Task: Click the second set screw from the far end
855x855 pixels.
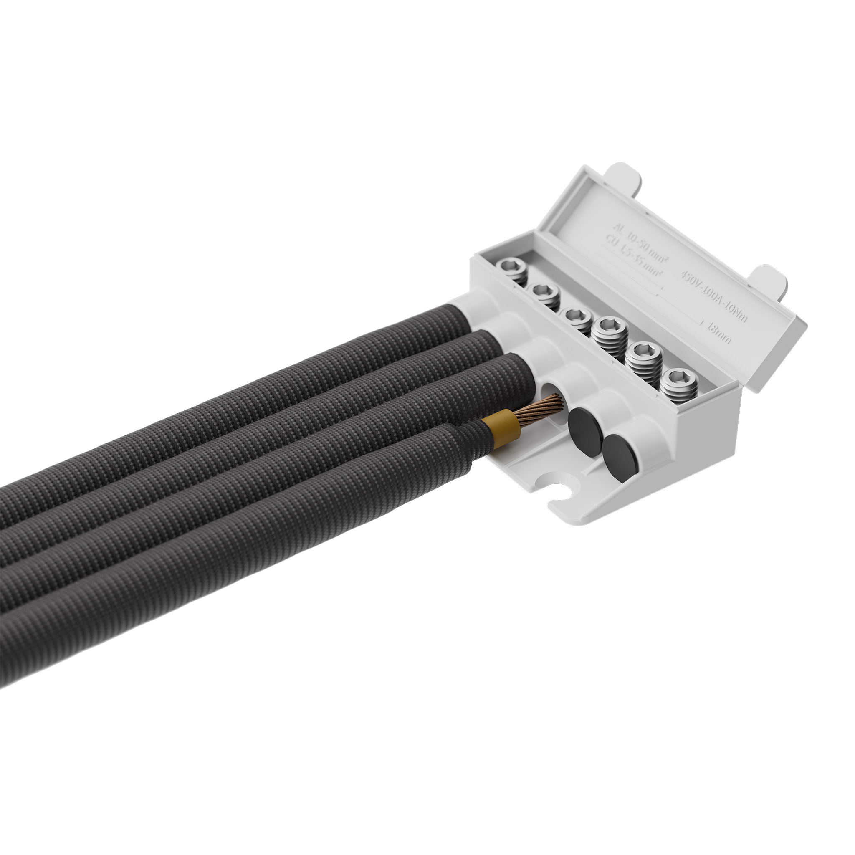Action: pyautogui.click(x=544, y=292)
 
